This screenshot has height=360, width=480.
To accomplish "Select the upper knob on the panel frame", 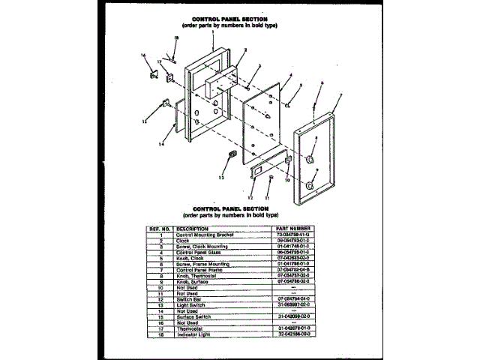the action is pyautogui.click(x=310, y=157).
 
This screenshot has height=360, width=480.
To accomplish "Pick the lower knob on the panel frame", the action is pyautogui.click(x=309, y=185).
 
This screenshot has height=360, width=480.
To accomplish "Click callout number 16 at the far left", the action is pyautogui.click(x=142, y=56).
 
